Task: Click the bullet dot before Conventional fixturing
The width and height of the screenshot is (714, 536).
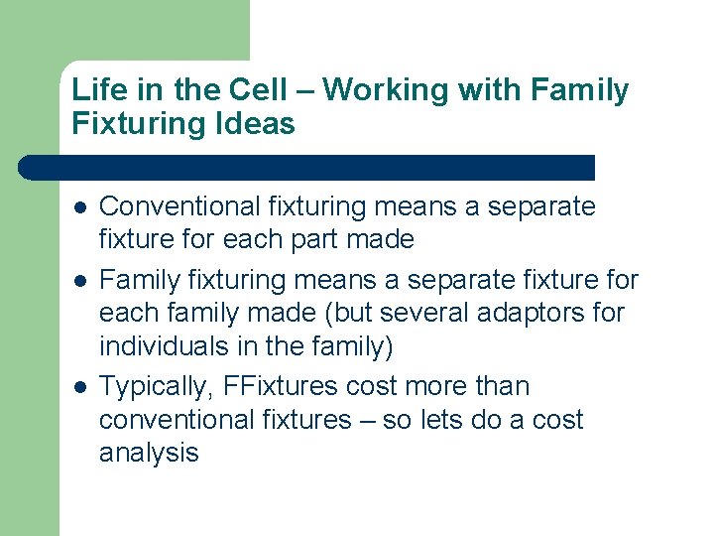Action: (79, 208)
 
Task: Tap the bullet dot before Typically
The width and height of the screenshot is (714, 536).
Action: (79, 387)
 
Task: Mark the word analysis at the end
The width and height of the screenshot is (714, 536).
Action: (149, 454)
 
